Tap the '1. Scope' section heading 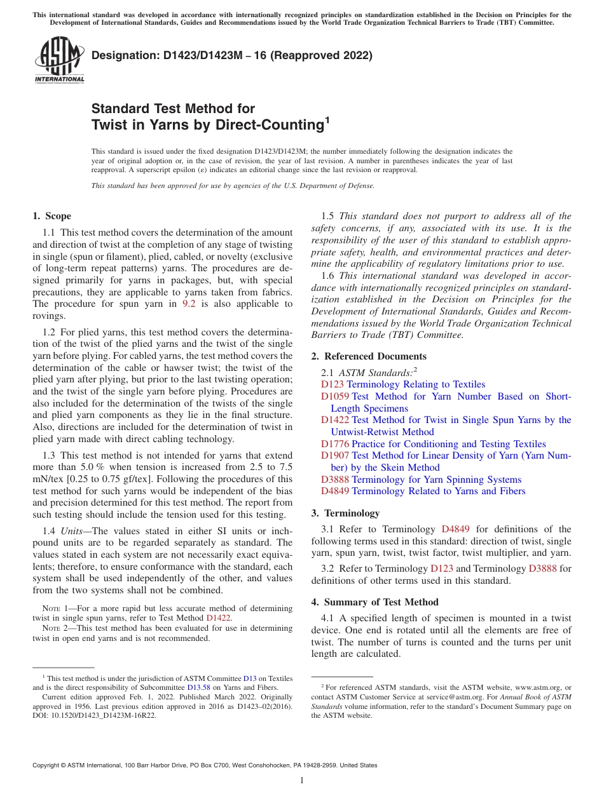pyautogui.click(x=52, y=216)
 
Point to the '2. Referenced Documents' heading pyautogui.click(x=369, y=356)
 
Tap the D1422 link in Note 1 pyautogui.click(x=219, y=617)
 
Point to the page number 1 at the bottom pyautogui.click(x=301, y=781)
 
